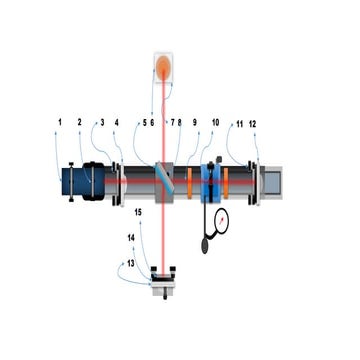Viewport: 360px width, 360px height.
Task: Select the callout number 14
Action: (131, 237)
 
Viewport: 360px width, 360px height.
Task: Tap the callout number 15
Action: (138, 213)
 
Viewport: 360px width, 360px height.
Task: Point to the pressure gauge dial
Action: (219, 219)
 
